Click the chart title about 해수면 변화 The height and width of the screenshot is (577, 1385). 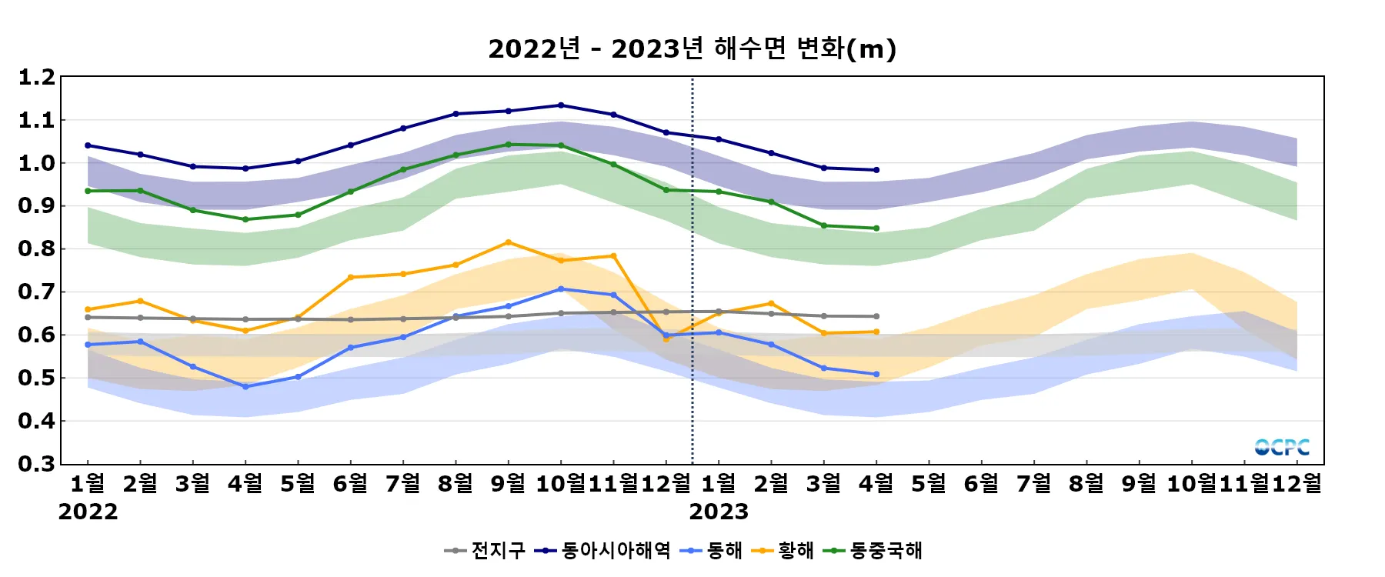click(x=692, y=49)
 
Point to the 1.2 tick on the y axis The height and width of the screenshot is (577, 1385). click(x=37, y=78)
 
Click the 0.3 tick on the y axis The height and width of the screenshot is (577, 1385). click(x=37, y=464)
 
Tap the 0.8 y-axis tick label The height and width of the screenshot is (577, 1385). click(x=37, y=249)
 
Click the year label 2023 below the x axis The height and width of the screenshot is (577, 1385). click(x=719, y=512)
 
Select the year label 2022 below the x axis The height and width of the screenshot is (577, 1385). click(x=88, y=512)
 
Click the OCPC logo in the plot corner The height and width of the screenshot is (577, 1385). click(x=1282, y=447)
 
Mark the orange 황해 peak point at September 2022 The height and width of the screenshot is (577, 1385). click(x=508, y=242)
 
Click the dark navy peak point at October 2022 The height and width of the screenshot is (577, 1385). click(x=561, y=105)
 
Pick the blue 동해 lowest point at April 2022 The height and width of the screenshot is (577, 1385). click(x=245, y=387)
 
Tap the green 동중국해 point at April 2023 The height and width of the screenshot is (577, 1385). click(x=876, y=228)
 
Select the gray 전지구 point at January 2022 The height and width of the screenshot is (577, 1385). click(x=88, y=317)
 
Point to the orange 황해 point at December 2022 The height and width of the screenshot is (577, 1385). click(x=666, y=339)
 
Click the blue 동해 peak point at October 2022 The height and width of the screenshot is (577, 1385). click(x=561, y=289)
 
